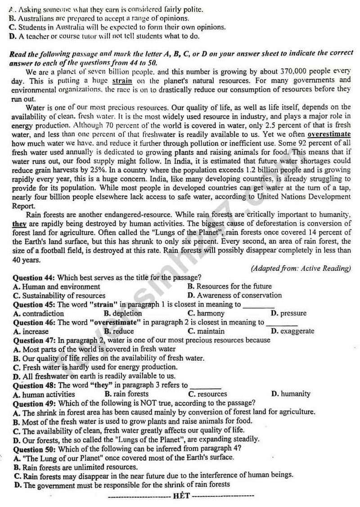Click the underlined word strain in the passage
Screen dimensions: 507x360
121,81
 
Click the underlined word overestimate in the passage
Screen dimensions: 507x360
329,135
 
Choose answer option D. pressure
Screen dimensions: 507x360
288,313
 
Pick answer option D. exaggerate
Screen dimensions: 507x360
293,331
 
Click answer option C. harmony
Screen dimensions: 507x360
206,313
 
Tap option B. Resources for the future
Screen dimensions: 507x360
229,286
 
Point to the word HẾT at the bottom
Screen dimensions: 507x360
181,496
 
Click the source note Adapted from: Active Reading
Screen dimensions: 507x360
301,269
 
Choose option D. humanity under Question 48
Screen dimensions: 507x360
291,394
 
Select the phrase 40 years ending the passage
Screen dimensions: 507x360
27,260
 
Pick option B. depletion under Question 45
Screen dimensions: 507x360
122,314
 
